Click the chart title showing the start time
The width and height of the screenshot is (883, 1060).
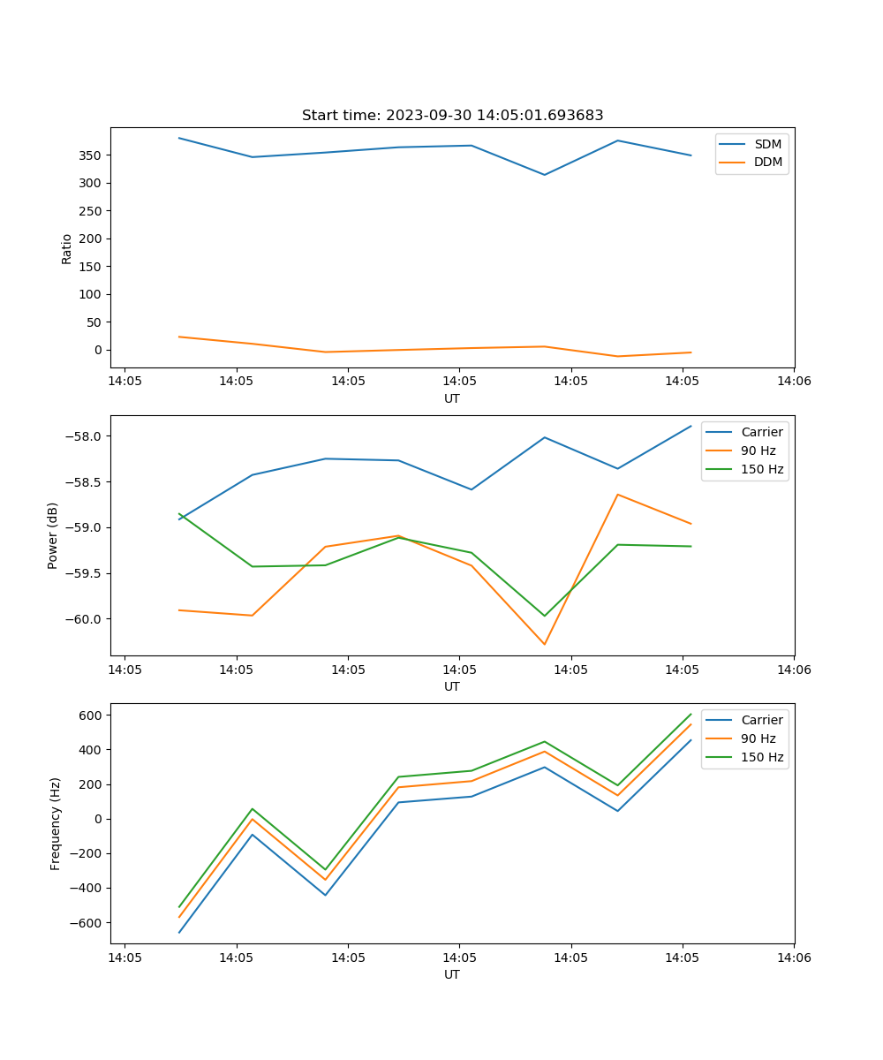click(x=452, y=116)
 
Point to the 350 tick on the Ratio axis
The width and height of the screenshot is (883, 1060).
click(x=91, y=155)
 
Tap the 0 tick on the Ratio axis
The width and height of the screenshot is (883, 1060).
click(x=98, y=350)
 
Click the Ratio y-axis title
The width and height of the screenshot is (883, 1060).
click(x=67, y=248)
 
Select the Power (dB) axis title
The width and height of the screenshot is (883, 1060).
click(x=54, y=535)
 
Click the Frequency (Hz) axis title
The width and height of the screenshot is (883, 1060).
click(x=56, y=823)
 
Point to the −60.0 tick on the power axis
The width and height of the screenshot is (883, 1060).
click(x=84, y=619)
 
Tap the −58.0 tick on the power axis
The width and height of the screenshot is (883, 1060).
click(x=84, y=436)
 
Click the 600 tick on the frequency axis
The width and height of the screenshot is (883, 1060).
click(x=92, y=715)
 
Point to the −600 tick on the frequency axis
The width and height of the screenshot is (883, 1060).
click(x=87, y=923)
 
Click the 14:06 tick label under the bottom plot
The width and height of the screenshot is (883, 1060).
click(x=793, y=958)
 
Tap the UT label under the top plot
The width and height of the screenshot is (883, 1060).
click(x=452, y=398)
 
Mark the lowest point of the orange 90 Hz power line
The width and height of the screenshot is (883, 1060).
click(x=544, y=644)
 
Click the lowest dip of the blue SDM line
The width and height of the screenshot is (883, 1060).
click(x=544, y=175)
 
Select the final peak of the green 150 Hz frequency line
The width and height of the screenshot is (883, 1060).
click(x=691, y=714)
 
